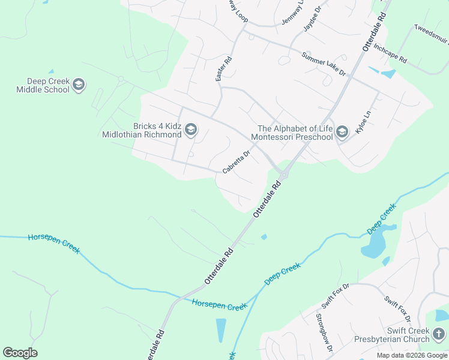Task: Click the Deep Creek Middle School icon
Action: click(x=79, y=86)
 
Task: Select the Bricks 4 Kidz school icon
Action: click(x=191, y=130)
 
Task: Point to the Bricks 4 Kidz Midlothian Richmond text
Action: click(x=142, y=130)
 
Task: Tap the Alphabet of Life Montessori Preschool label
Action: click(x=295, y=133)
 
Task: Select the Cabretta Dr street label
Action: click(x=236, y=162)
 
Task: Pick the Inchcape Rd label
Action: click(x=390, y=53)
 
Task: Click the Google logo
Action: click(x=20, y=353)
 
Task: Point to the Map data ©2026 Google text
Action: click(x=412, y=355)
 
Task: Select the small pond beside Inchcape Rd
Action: click(x=388, y=74)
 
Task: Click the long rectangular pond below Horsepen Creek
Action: click(x=221, y=330)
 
